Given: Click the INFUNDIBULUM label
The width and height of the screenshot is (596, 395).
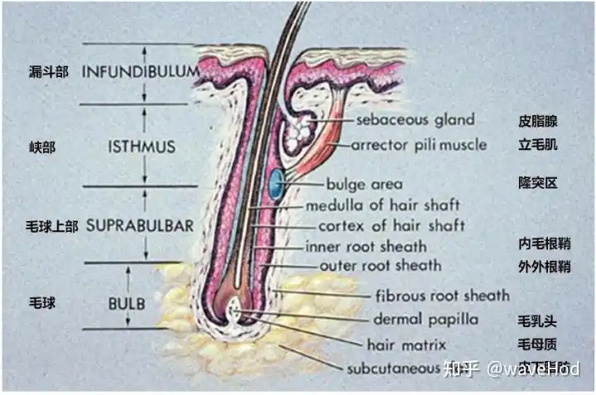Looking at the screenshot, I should [140, 71].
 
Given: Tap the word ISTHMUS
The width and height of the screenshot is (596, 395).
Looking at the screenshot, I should [142, 147].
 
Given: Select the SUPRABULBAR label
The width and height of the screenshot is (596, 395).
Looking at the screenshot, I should [140, 225].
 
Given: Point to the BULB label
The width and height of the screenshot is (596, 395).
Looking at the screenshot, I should [126, 303].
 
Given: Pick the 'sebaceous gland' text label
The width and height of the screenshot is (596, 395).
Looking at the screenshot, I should [416, 119].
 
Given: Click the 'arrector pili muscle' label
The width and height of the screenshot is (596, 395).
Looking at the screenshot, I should [419, 145].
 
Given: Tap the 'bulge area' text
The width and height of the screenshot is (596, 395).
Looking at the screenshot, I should [364, 184].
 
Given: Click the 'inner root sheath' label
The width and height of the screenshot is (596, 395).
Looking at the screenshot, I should [366, 246].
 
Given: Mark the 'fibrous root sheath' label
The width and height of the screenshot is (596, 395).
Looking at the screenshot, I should [442, 295].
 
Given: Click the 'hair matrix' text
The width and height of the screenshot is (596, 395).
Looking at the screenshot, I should [406, 343].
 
